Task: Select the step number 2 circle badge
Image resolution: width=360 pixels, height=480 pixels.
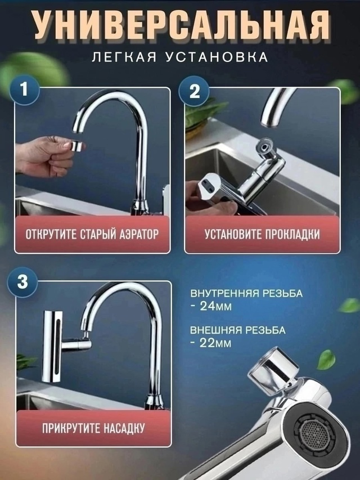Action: (x=194, y=91)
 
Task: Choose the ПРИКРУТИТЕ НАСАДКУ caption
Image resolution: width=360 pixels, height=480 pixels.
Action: (x=93, y=428)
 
